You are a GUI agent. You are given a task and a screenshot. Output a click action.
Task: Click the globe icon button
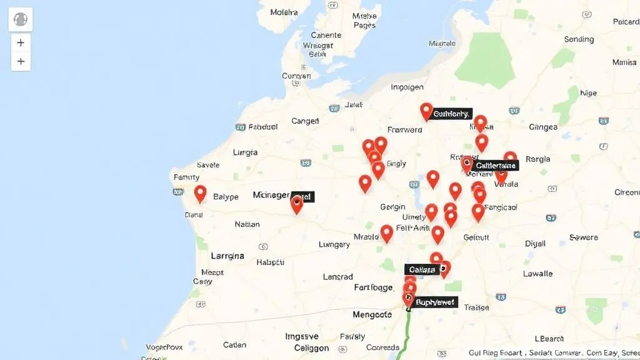click(x=21, y=19)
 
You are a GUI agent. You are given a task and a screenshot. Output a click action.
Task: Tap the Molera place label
click(x=284, y=12)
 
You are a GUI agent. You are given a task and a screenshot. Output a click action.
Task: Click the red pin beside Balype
click(x=200, y=194)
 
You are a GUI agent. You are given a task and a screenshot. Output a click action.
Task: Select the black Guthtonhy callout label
click(x=451, y=114)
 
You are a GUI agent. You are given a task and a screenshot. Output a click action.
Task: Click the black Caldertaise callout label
click(x=496, y=166)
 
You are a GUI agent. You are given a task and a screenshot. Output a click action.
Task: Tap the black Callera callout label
click(x=421, y=269)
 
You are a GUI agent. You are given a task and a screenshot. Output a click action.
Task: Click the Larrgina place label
click(x=227, y=256)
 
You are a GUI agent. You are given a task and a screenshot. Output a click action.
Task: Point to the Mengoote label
click(x=372, y=314)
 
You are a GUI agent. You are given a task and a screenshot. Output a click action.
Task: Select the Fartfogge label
click(x=373, y=287)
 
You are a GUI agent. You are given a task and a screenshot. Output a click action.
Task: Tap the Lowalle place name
click(x=537, y=273)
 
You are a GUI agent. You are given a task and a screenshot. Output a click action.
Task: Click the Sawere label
click(x=584, y=237)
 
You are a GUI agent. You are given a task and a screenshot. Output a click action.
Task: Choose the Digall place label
click(x=535, y=243)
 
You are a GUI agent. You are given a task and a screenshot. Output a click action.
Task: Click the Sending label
click(x=579, y=39)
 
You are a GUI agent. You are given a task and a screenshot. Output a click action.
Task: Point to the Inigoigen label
click(x=407, y=87)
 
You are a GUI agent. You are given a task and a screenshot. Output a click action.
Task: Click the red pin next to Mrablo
click(x=387, y=233)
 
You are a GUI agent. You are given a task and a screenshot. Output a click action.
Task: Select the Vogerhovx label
click(x=164, y=347)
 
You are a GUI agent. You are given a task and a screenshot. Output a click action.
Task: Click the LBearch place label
click(x=550, y=339)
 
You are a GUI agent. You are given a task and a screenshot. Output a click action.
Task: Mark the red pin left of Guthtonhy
click(x=426, y=112)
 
